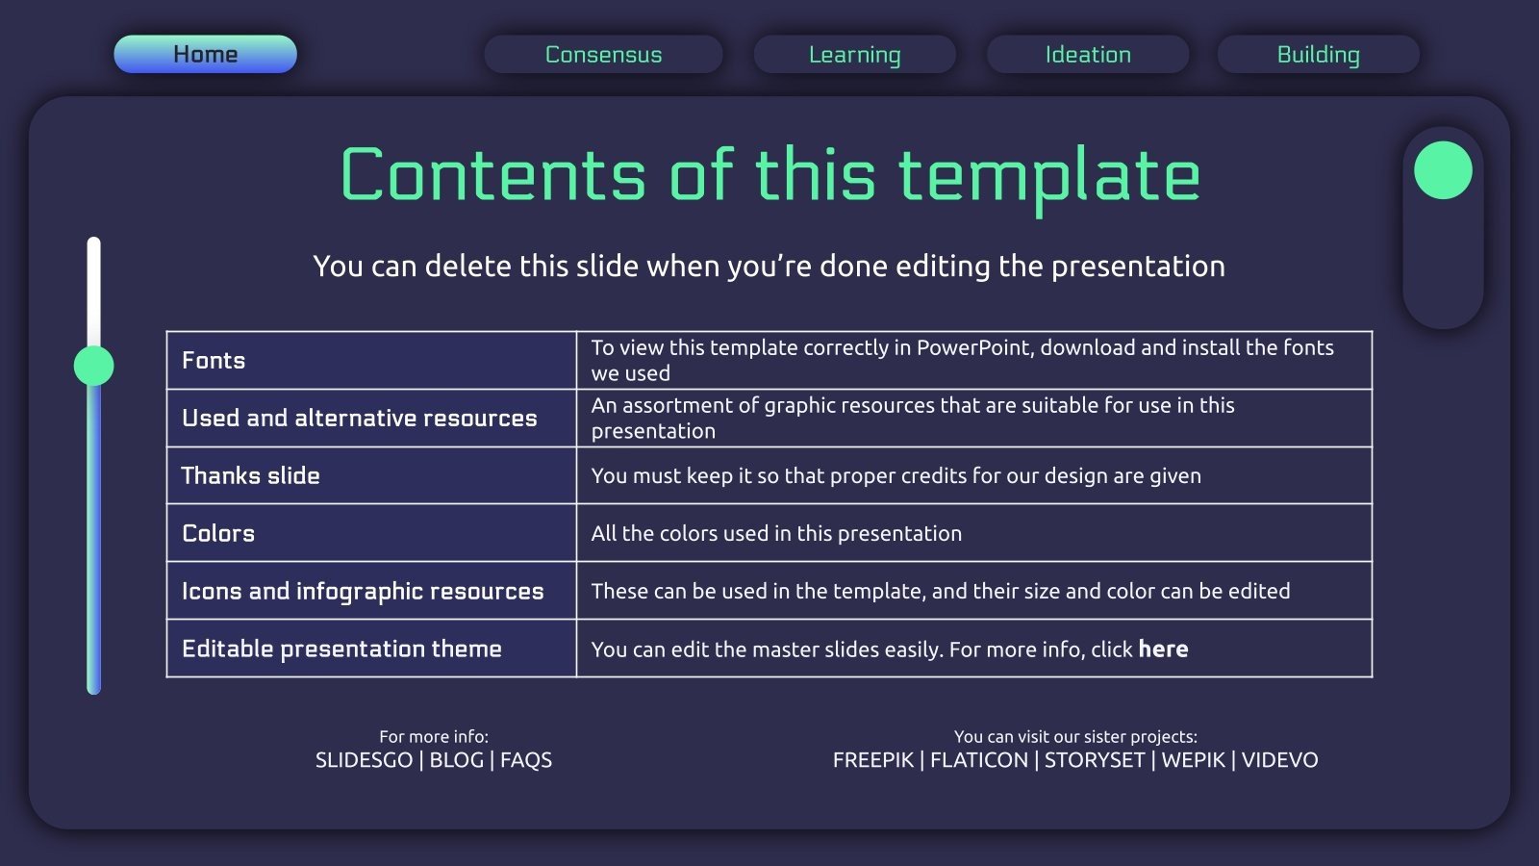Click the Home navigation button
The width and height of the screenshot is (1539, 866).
[x=206, y=54]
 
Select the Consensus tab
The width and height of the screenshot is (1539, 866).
[x=603, y=54]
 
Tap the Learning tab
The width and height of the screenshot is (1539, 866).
[x=855, y=54]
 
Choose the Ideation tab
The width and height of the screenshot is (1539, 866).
[x=1088, y=54]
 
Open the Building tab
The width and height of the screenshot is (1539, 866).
[x=1319, y=54]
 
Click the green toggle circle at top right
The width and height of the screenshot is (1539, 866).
[x=1443, y=170]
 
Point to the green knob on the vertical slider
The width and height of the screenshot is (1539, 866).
[x=94, y=366]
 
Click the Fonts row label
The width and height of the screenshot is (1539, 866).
[x=214, y=360]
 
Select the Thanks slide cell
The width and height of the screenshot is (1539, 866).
[x=371, y=475]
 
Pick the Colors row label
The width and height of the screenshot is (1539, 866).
[x=218, y=533]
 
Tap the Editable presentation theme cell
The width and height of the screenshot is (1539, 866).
[x=371, y=649]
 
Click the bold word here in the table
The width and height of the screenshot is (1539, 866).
[x=1163, y=649]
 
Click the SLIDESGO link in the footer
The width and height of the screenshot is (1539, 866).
[x=365, y=760]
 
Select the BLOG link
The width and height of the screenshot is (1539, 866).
[x=456, y=760]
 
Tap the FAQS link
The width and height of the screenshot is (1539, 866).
[x=526, y=760]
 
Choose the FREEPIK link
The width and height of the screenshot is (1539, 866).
[x=873, y=760]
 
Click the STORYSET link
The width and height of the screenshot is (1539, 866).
[x=1095, y=760]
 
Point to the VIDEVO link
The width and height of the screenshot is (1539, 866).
[x=1280, y=760]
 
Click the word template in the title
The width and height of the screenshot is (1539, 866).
[x=1049, y=177]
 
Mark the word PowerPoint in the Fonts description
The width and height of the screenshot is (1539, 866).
[x=974, y=347]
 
